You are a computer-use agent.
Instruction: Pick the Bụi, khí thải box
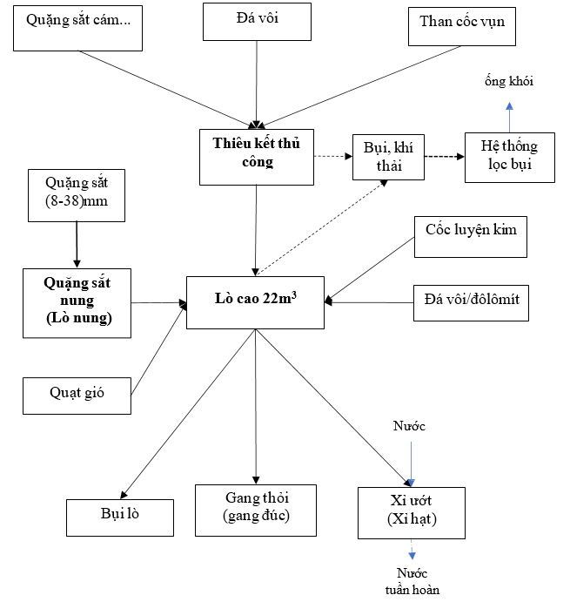coord(389,156)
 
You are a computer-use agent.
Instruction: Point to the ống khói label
coord(509,82)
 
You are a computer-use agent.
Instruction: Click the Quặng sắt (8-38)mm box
coord(77,195)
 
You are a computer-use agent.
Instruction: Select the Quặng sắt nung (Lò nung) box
coord(77,302)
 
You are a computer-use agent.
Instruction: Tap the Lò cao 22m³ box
coord(256,301)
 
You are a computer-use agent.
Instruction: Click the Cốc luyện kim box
coord(471,236)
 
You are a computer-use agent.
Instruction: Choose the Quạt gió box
coord(77,396)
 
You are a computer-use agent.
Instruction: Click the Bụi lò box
coord(120,517)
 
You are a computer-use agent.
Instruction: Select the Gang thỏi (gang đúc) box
coord(255,509)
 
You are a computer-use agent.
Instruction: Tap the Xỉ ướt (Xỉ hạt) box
coord(412,511)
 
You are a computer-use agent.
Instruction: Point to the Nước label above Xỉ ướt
coord(410,426)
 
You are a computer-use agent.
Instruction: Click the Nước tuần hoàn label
coord(412,583)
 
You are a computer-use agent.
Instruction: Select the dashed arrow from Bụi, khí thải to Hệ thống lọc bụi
coord(444,157)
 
